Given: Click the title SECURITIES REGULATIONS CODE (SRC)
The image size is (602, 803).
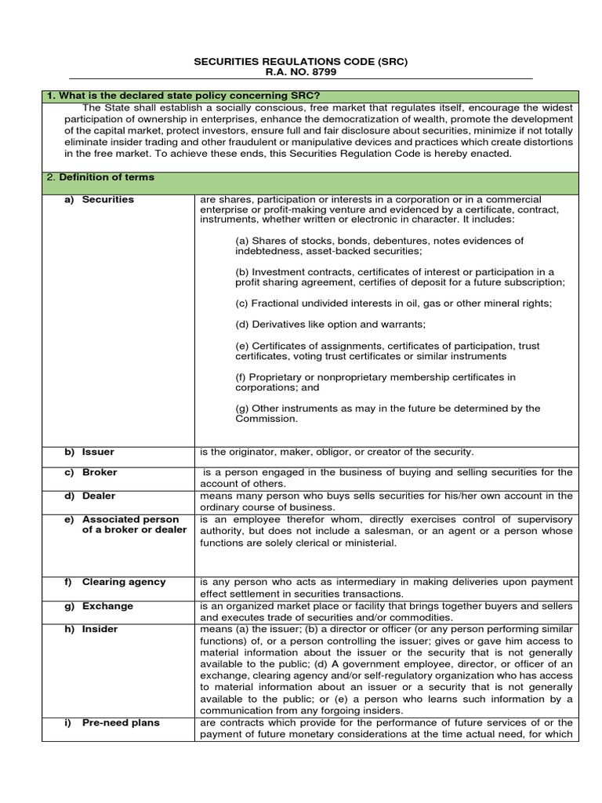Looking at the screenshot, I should (x=300, y=61).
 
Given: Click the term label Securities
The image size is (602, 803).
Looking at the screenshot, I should (x=107, y=200).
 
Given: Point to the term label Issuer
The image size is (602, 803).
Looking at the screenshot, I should (x=98, y=452).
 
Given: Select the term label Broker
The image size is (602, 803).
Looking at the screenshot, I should (x=100, y=472).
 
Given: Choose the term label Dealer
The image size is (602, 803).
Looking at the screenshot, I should (x=99, y=496).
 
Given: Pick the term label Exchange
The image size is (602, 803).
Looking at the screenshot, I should (x=107, y=606).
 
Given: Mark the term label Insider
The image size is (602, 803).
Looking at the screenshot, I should (x=100, y=630).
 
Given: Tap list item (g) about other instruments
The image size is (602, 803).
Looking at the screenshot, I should (x=387, y=413).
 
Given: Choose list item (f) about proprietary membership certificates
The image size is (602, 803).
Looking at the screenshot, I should (x=375, y=382).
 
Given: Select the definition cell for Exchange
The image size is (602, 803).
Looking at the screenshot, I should (x=386, y=612).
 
